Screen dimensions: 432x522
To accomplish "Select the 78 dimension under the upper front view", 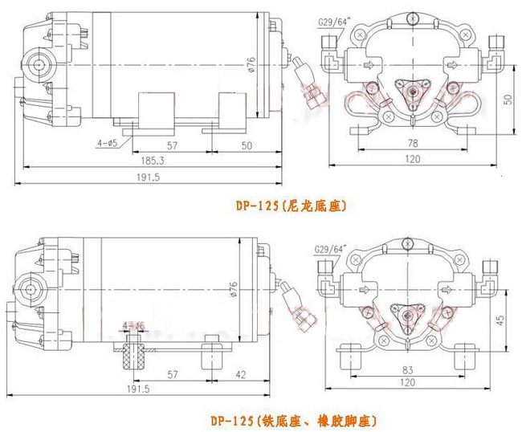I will (412, 142).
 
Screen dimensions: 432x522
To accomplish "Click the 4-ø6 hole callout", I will (133, 325).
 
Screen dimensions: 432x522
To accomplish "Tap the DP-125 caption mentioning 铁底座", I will (294, 421).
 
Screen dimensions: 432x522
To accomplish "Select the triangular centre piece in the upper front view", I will (413, 91).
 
